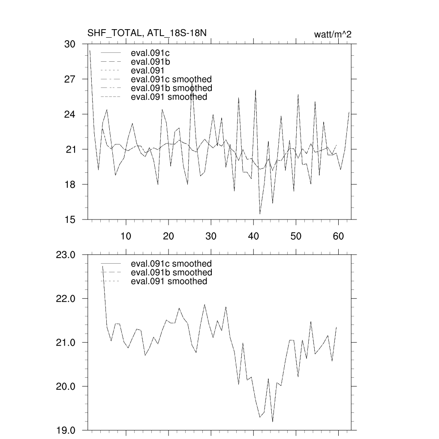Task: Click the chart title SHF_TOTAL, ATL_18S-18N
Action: (x=147, y=33)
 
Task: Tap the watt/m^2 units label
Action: (x=333, y=34)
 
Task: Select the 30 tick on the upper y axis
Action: (x=69, y=44)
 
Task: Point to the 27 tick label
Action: (x=69, y=79)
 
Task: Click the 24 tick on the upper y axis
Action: (x=69, y=114)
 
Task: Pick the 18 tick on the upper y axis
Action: (x=69, y=185)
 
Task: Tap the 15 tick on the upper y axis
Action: (x=69, y=220)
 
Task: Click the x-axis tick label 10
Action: (x=126, y=236)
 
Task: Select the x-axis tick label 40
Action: (x=253, y=236)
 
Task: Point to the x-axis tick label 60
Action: (x=339, y=236)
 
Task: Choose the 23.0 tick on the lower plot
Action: (x=66, y=255)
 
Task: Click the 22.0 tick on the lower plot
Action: (x=66, y=299)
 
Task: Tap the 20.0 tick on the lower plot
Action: (x=66, y=387)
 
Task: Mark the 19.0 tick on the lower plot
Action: (x=66, y=430)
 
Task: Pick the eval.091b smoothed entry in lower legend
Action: (x=171, y=273)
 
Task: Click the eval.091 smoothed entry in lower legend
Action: (x=168, y=281)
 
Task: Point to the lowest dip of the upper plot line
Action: (x=260, y=213)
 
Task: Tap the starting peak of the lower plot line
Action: (x=102, y=266)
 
